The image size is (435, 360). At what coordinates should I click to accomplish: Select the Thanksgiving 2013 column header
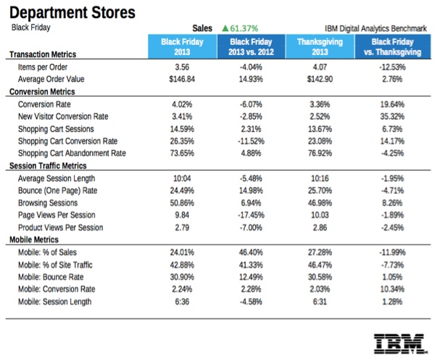click(x=313, y=46)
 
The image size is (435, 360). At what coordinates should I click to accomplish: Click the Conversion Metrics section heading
click(x=44, y=92)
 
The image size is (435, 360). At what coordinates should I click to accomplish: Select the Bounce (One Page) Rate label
click(x=57, y=191)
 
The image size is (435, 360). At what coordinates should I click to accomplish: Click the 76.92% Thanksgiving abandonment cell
click(x=313, y=154)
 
